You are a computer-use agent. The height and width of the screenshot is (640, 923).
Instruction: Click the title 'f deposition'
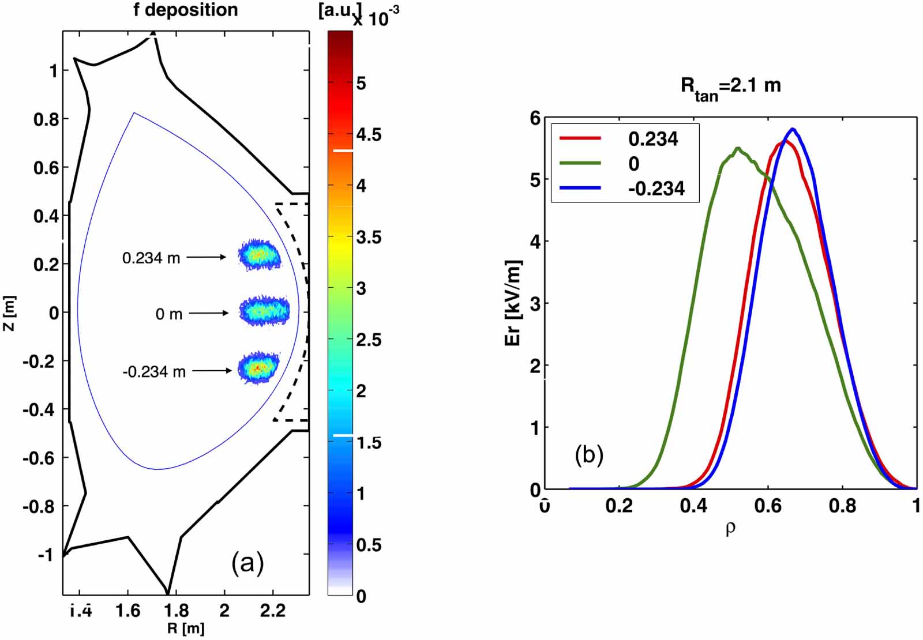(185, 10)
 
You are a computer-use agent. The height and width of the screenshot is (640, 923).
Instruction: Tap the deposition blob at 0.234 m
(260, 254)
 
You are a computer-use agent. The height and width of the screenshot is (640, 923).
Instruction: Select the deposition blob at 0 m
(264, 311)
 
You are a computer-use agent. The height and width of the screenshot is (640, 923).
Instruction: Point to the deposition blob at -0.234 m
(258, 368)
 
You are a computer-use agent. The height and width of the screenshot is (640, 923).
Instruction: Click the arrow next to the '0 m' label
(208, 313)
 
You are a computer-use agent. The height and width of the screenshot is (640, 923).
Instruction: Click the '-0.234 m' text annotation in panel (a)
(154, 372)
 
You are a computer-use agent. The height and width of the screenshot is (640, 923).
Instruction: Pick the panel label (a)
(247, 563)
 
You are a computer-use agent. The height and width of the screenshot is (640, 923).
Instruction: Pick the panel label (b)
(588, 455)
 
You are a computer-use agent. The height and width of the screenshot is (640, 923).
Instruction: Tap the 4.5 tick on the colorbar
(368, 135)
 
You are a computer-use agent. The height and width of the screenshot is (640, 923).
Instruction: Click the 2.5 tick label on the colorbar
(368, 340)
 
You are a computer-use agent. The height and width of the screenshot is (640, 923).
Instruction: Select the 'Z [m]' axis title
(10, 313)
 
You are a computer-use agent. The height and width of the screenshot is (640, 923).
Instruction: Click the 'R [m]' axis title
(186, 628)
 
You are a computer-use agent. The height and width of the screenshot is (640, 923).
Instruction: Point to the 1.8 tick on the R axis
(176, 611)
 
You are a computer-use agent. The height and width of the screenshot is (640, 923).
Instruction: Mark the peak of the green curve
(738, 148)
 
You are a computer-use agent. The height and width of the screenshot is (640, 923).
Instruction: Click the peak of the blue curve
(793, 129)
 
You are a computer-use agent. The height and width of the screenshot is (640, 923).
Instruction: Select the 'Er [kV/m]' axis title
(513, 303)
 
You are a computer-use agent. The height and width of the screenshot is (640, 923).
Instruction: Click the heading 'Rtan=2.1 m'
(730, 86)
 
